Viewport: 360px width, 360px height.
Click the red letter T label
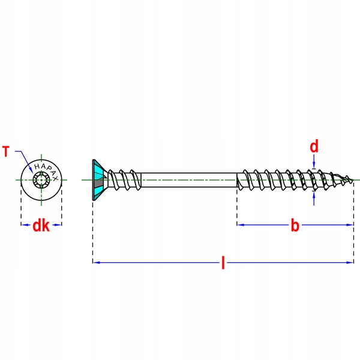click(6, 152)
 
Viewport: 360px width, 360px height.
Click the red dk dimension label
click(41, 226)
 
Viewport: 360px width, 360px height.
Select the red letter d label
click(314, 146)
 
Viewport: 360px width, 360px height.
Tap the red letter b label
click(295, 225)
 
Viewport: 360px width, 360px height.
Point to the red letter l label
click(223, 262)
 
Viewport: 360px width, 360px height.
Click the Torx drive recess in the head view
click(41, 180)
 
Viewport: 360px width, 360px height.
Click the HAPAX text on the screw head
click(46, 170)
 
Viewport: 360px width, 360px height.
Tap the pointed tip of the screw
click(353, 180)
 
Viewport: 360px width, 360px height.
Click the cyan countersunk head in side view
click(99, 180)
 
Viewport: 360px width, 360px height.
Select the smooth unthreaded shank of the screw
click(189, 180)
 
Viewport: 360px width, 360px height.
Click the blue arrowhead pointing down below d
click(314, 166)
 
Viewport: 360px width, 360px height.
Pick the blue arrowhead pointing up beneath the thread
click(314, 194)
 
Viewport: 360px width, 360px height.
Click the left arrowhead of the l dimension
click(97, 262)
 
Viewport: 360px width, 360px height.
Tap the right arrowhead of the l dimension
click(350, 262)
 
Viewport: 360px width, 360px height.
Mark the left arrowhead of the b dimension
click(241, 225)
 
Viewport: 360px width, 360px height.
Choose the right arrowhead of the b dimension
click(349, 225)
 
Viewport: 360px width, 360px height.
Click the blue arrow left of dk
click(25, 225)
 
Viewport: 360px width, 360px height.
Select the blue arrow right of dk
click(57, 225)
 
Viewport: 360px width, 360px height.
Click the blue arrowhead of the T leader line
click(31, 170)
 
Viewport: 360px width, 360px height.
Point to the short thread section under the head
click(124, 180)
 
